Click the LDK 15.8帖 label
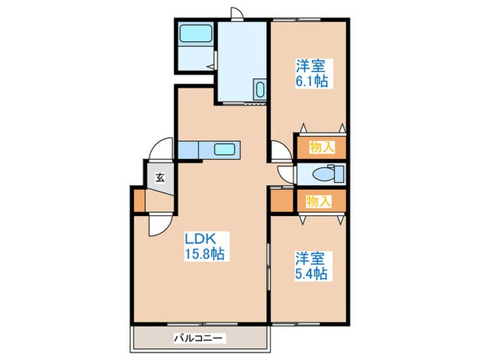(x=204, y=246)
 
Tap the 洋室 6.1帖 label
(x=311, y=73)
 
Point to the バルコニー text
(x=198, y=339)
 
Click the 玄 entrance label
(x=160, y=178)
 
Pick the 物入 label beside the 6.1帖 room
(x=322, y=147)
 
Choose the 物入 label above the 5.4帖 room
(x=319, y=201)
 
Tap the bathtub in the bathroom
(x=196, y=34)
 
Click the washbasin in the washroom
(x=260, y=89)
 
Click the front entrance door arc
(x=161, y=149)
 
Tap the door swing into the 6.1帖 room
(x=281, y=150)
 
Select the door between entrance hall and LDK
(x=160, y=226)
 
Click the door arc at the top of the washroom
(x=237, y=14)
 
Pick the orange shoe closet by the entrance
(x=139, y=201)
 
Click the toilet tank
(x=339, y=174)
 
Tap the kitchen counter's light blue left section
(x=189, y=150)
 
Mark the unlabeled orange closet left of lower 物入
(x=282, y=201)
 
